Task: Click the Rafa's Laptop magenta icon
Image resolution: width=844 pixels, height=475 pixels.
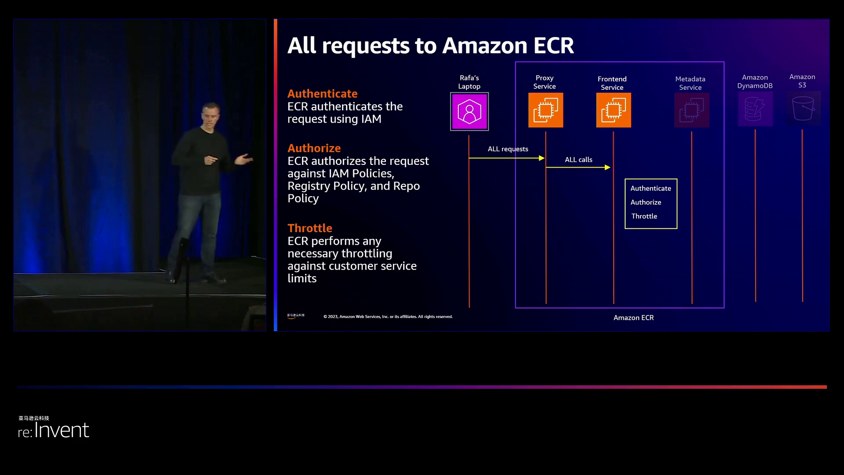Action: [469, 111]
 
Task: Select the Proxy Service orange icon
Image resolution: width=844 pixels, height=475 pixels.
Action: [546, 110]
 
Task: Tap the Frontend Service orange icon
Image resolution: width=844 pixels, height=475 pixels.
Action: [613, 110]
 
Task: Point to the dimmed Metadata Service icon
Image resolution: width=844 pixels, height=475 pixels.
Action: [691, 110]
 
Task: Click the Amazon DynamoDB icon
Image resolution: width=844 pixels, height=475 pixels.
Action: [755, 109]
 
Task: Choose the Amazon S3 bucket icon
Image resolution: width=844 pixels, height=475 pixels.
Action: [803, 108]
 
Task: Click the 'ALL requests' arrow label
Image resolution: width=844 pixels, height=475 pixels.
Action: [508, 149]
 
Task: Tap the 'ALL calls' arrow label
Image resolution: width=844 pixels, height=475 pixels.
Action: [578, 160]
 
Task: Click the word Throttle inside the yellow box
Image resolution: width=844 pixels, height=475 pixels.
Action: [644, 216]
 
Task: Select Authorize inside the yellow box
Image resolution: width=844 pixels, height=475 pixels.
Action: [646, 202]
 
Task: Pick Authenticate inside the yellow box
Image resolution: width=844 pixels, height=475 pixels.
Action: [651, 188]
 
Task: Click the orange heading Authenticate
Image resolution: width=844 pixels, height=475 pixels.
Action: [322, 94]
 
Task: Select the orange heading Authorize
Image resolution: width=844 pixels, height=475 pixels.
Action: [314, 148]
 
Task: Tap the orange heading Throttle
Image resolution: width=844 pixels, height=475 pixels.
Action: [309, 228]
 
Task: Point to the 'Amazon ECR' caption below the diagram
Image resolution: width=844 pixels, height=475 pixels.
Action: [633, 318]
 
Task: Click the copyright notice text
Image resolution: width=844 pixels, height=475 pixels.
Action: [388, 317]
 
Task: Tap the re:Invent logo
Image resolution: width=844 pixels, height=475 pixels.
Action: [54, 430]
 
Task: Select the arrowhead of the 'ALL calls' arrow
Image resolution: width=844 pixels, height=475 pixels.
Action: [608, 168]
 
